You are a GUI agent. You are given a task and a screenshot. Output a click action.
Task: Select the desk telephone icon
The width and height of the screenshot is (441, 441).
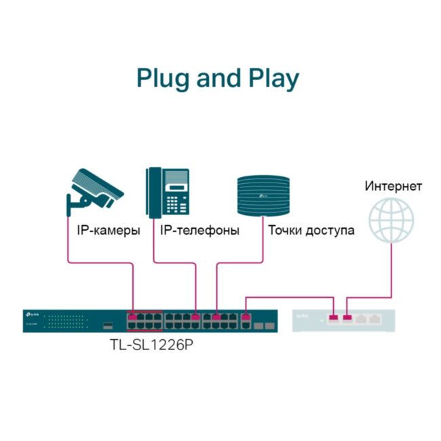(x=168, y=193)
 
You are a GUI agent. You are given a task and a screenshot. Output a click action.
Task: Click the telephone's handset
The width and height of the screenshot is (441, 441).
(x=153, y=193)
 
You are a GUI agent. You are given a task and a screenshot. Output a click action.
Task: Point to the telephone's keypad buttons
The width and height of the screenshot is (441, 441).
(x=177, y=203)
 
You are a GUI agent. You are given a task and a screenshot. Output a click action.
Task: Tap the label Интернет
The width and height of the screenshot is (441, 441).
(x=394, y=186)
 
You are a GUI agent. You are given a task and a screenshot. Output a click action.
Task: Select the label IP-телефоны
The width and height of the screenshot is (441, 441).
(x=199, y=231)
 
